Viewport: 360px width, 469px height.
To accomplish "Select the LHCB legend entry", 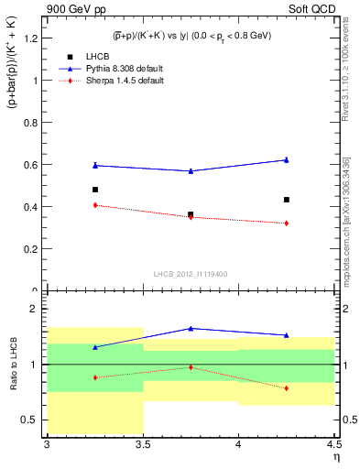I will [92, 55].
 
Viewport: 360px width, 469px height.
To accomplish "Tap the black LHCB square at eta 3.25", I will [95, 190].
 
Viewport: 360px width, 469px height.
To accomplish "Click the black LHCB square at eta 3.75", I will [191, 214].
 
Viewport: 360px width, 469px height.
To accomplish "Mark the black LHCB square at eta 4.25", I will [287, 200].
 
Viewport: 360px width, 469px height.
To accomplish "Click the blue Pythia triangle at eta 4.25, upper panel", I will [287, 159].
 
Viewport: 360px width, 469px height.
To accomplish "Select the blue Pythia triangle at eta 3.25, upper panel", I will [95, 165].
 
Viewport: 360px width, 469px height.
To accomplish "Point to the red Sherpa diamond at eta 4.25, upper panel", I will [287, 224].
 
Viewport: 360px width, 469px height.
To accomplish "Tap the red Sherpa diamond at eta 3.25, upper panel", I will [95, 205].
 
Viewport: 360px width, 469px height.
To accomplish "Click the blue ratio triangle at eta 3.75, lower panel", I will [191, 328].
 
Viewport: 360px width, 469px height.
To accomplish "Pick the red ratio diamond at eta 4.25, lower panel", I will [287, 388].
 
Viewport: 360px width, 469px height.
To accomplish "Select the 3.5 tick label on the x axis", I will [142, 445].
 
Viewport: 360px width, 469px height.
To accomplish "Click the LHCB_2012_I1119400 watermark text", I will [191, 275].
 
